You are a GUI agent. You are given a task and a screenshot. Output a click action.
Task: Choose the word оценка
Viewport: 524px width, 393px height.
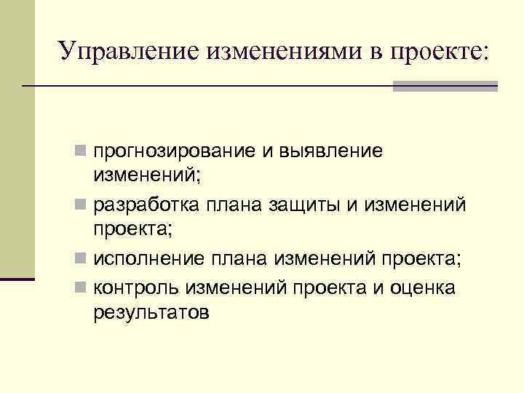421,288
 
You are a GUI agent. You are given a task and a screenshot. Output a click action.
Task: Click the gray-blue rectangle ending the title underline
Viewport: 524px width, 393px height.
445,86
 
